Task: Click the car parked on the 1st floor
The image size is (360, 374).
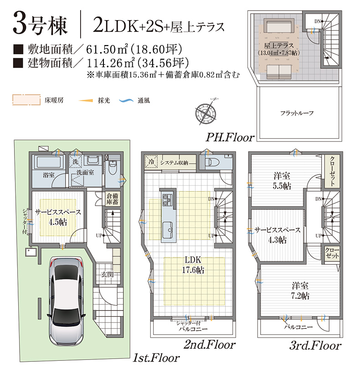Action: coord(67,301)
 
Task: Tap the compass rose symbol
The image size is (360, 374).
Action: coord(206,112)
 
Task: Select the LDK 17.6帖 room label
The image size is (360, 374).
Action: coord(193,265)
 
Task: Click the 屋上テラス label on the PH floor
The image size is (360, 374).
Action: coord(279,49)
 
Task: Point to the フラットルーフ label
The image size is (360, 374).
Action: coord(297,113)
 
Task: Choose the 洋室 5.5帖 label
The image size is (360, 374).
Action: coord(282,181)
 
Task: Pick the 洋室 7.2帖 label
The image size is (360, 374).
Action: coord(300,291)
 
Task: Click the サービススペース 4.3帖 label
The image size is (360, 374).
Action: coord(278,235)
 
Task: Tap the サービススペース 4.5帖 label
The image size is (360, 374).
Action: coord(58,217)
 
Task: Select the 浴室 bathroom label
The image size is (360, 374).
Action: coord(49,175)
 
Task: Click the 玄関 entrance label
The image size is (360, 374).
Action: coord(107,275)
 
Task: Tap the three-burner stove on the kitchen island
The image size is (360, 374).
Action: coord(167,200)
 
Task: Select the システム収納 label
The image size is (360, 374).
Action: coord(174,163)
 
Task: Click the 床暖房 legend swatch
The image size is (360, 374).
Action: coord(26,100)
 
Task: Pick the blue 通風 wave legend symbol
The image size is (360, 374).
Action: coord(126,101)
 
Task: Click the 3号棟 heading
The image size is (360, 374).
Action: coord(40,25)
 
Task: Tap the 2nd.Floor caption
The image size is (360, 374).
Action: coord(210,345)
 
